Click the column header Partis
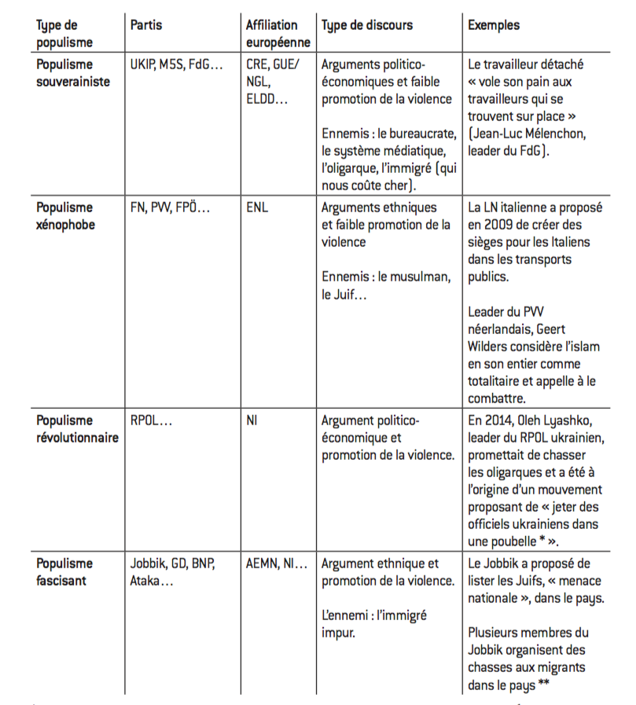point(146,25)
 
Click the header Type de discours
point(366,25)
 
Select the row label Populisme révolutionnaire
point(77,429)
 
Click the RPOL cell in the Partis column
point(151,421)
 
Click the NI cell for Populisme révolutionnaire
point(252,421)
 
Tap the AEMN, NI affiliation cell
point(277,564)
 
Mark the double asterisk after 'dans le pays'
point(543,684)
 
